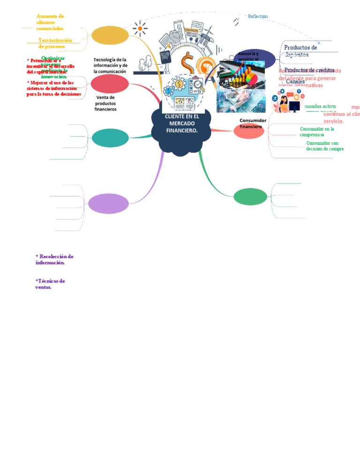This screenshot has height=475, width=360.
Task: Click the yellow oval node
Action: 110,35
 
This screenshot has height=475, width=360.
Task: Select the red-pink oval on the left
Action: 110,84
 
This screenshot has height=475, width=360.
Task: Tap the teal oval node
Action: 110,138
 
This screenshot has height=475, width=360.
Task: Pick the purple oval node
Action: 109,203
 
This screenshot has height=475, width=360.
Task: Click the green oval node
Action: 250,196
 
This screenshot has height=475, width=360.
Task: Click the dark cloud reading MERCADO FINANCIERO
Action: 182,124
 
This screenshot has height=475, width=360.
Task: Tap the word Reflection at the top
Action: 258,16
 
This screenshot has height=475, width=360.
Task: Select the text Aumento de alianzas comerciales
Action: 50,22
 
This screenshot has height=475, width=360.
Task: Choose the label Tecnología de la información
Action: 110,66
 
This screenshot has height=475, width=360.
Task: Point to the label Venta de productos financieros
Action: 105,103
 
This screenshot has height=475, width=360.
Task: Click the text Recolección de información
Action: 54,260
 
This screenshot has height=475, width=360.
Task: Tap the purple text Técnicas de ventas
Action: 50,284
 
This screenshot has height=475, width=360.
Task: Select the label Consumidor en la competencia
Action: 317,131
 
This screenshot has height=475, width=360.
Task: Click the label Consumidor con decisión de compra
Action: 325,146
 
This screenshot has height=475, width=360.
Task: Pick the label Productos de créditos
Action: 309,70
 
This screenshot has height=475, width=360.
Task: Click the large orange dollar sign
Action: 188,61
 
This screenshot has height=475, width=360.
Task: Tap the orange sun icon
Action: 139,29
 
